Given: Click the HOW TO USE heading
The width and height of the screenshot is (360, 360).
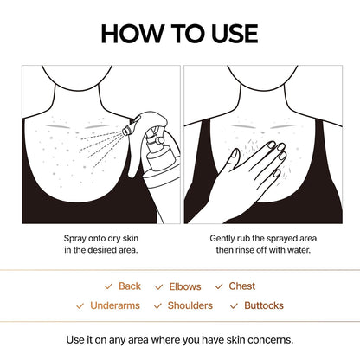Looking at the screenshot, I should (x=179, y=33).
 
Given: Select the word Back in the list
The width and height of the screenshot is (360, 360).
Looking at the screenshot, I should (x=130, y=286).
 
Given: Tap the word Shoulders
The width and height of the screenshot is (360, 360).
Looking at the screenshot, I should (x=190, y=305).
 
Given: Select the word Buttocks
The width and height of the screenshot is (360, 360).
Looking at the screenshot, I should (x=264, y=305).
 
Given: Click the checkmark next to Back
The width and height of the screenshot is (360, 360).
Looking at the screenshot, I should (x=108, y=286).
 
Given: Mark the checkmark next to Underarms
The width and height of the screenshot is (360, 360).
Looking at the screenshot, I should (x=81, y=305).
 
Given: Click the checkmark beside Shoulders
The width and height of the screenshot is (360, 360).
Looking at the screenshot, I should (x=157, y=305).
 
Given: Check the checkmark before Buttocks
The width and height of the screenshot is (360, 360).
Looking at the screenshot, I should (x=234, y=305).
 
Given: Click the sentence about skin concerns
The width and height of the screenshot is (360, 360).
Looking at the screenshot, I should (x=180, y=338).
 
